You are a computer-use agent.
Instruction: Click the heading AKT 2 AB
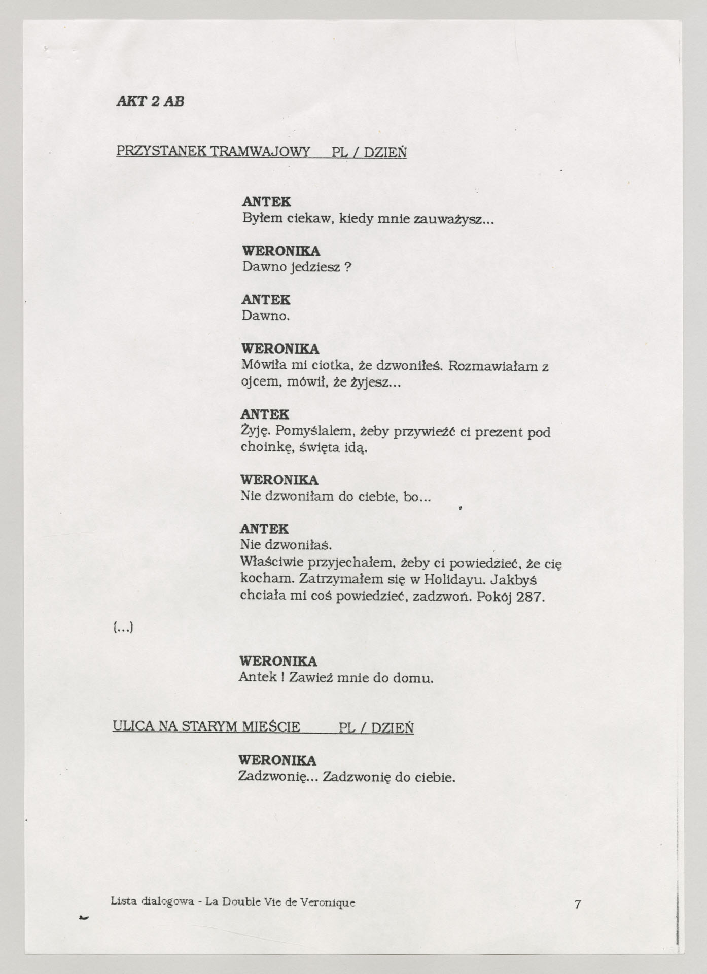(x=150, y=101)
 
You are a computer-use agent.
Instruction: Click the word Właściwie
(x=272, y=563)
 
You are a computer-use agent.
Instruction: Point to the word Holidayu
(x=451, y=579)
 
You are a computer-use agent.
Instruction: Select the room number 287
(x=530, y=596)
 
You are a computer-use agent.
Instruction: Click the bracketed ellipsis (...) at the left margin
(x=123, y=629)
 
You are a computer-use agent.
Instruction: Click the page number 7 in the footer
(x=578, y=903)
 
